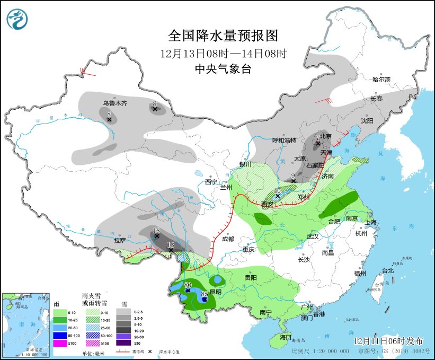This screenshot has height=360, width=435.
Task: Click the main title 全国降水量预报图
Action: pos(223,36)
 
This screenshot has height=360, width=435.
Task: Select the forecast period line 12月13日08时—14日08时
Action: pos(223,53)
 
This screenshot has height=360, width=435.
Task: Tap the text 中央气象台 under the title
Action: pos(223,68)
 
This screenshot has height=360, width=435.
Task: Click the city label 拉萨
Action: pos(120,240)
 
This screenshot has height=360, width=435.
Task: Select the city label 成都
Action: pos(228,239)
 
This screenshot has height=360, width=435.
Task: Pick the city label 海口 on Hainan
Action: pos(286,337)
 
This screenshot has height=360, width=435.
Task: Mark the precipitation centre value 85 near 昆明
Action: pos(205,294)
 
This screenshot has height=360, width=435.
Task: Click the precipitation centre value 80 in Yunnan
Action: pos(187,285)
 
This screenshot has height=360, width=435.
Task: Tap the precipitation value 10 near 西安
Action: pos(277,190)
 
